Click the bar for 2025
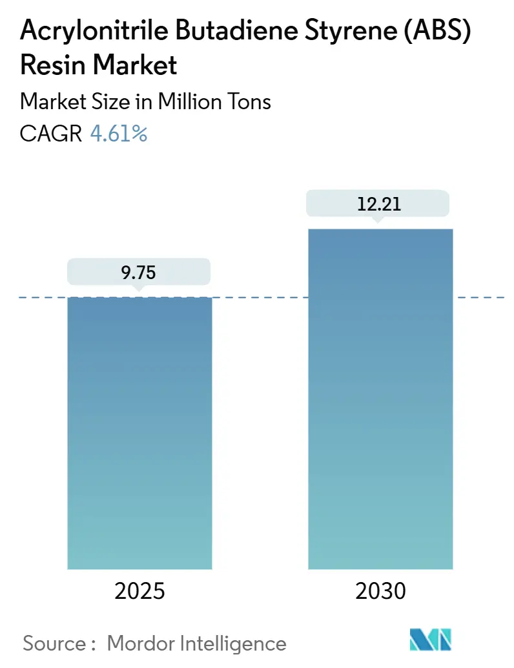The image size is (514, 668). click(139, 433)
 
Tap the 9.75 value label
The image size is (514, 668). click(139, 273)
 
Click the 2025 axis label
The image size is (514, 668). click(139, 591)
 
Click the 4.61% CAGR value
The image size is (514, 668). click(119, 134)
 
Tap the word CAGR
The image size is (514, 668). click(51, 134)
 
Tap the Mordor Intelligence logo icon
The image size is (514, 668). click(431, 640)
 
